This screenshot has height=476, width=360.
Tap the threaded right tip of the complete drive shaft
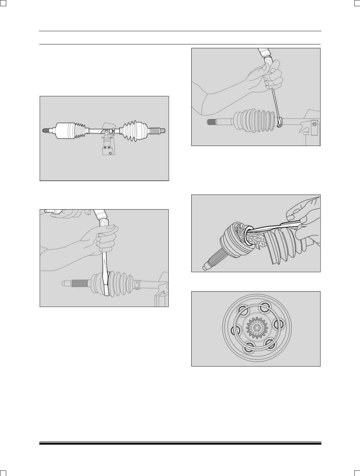[163, 131]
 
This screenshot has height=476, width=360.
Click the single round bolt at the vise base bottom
[110, 153]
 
